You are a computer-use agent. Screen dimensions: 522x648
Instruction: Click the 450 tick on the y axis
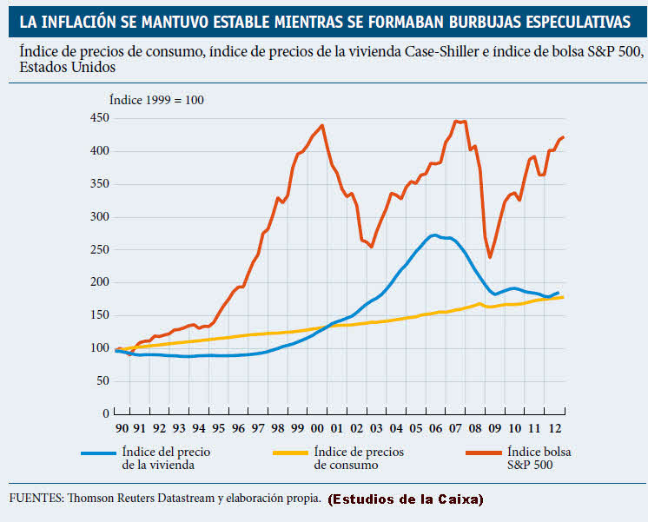click(x=97, y=118)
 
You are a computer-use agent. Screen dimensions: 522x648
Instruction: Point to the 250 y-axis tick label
click(x=97, y=249)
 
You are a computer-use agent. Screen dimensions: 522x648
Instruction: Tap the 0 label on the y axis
click(x=104, y=413)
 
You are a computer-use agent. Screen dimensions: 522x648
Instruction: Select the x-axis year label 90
click(x=122, y=429)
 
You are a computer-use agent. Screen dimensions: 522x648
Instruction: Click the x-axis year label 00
click(x=317, y=429)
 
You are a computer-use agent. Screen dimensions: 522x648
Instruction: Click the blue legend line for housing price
click(x=98, y=453)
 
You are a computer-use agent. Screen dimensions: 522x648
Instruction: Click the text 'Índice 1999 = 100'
click(x=156, y=100)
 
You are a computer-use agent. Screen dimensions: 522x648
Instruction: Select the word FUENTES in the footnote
click(x=35, y=499)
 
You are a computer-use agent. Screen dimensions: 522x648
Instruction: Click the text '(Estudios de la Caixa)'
click(x=407, y=499)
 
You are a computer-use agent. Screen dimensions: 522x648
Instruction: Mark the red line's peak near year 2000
click(x=322, y=125)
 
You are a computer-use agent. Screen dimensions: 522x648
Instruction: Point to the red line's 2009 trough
click(x=491, y=257)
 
